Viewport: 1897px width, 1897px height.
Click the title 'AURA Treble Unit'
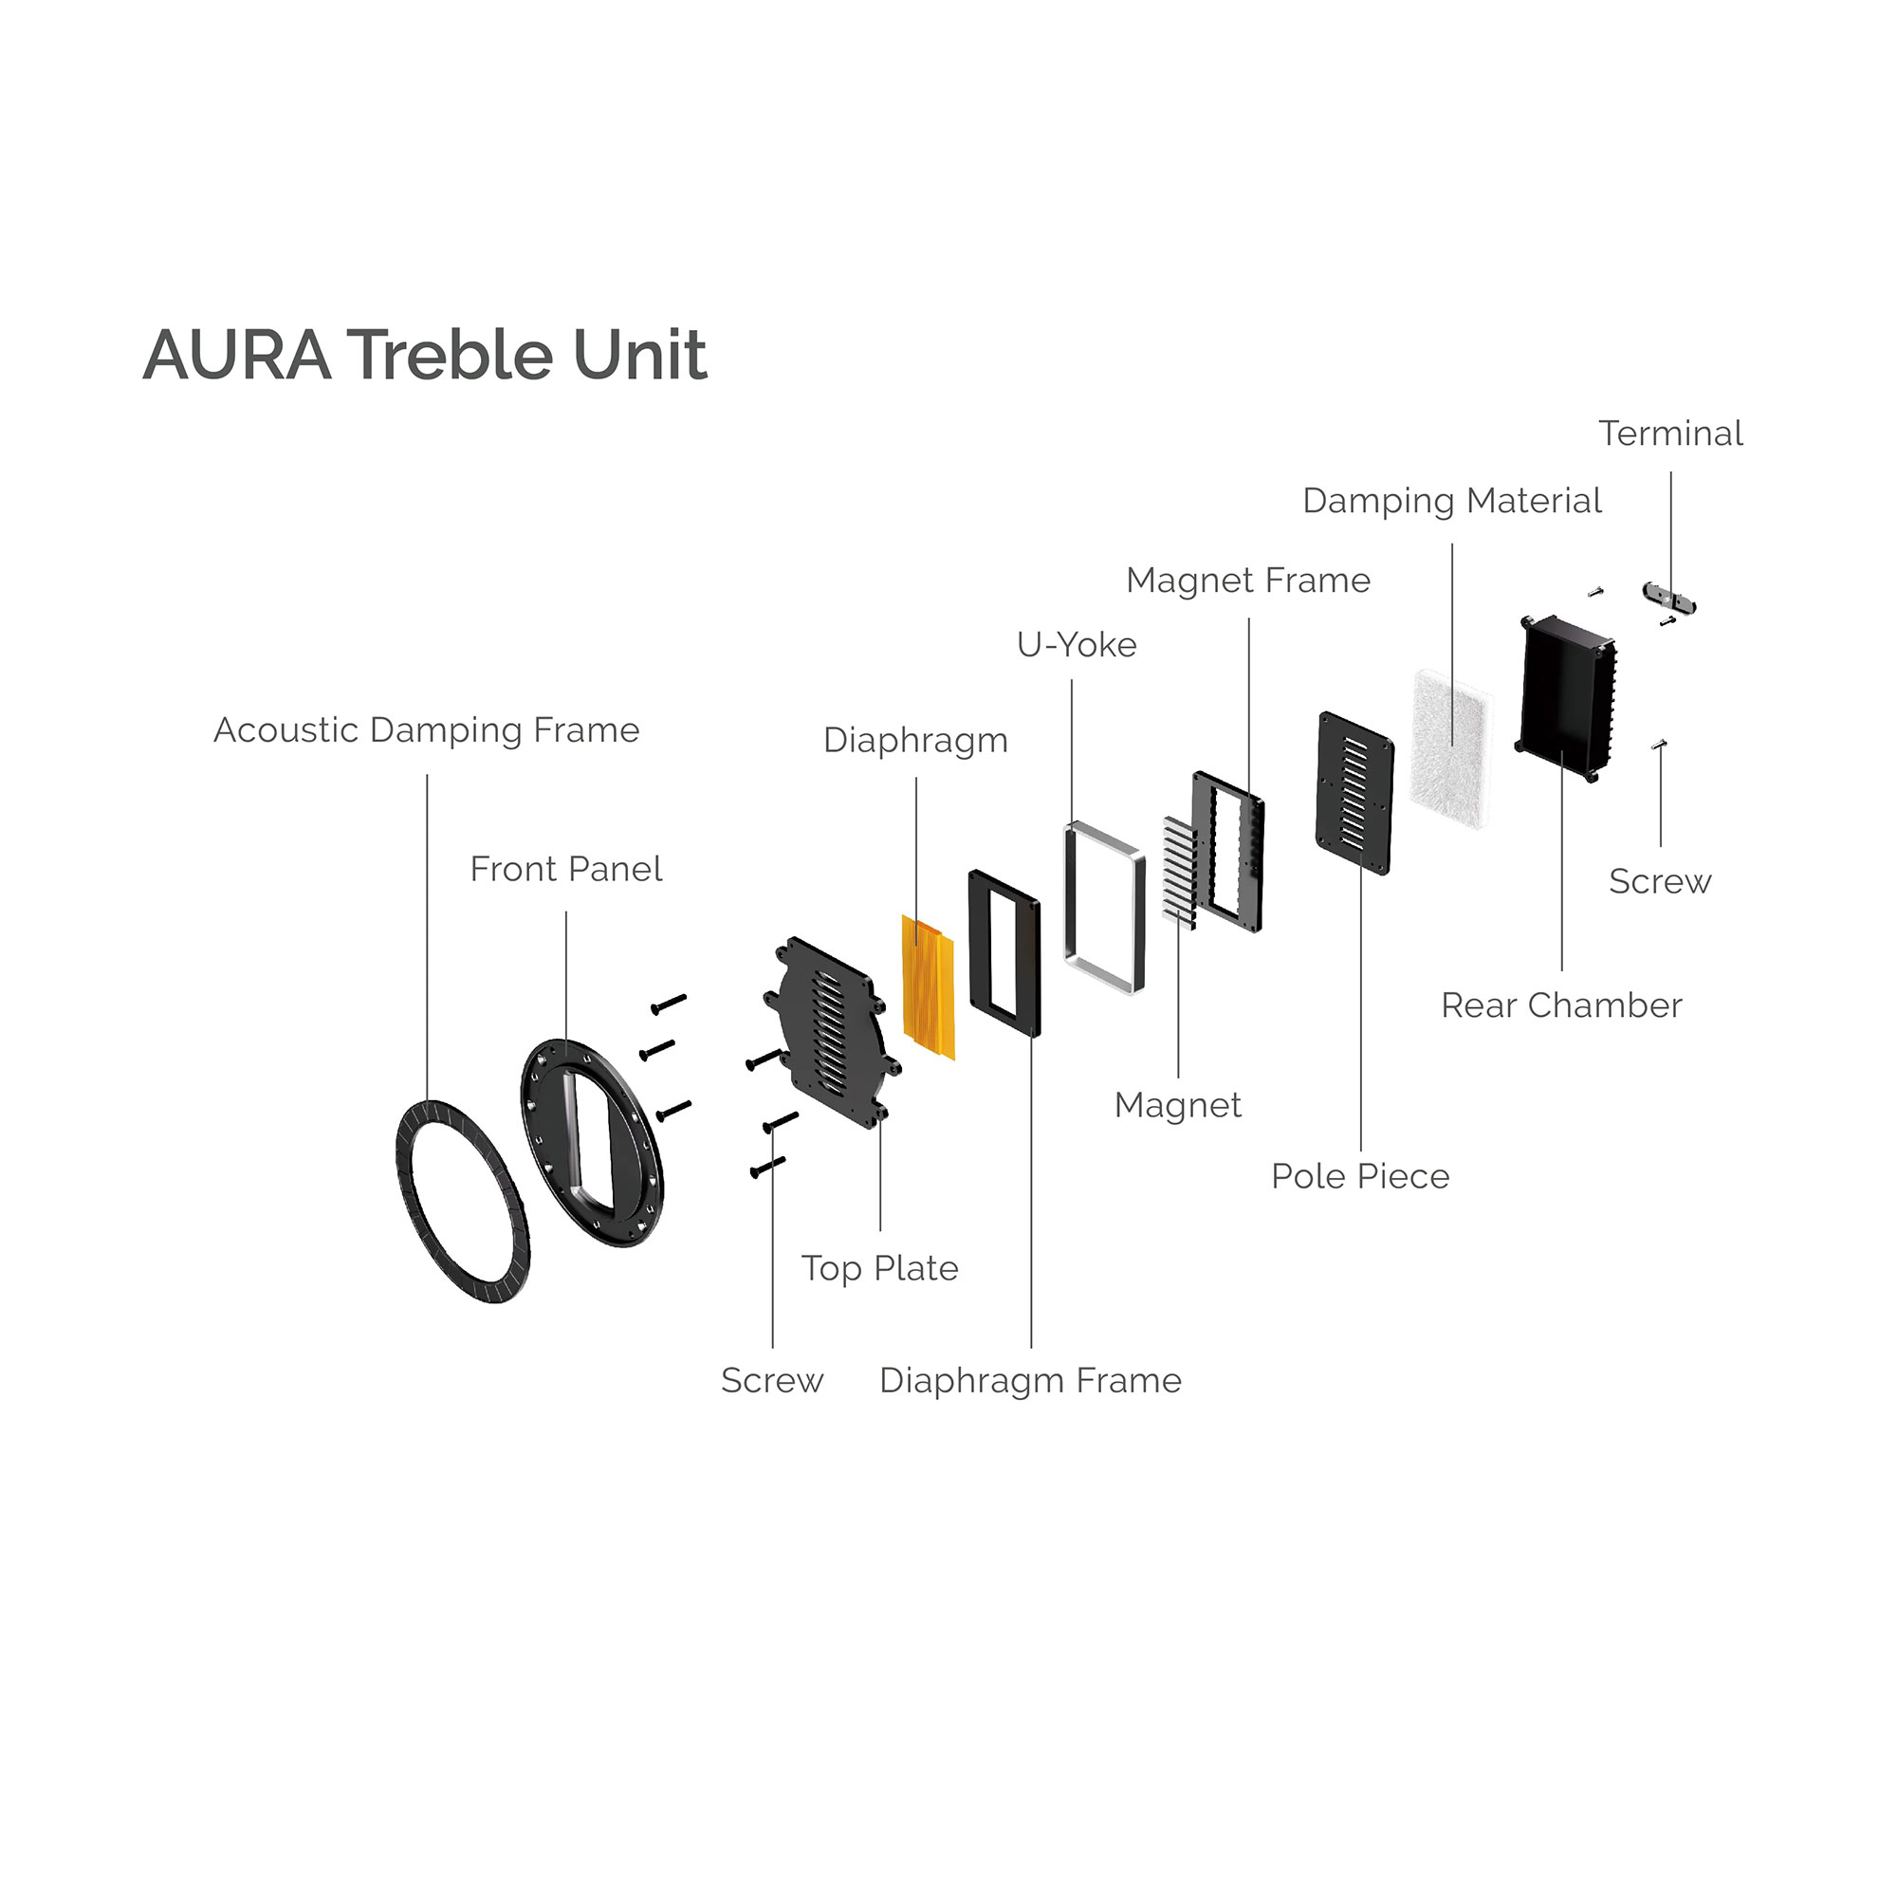click(x=424, y=355)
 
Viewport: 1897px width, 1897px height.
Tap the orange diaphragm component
click(x=928, y=986)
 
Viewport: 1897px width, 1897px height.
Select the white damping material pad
click(x=1451, y=748)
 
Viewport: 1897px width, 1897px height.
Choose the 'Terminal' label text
click(x=1670, y=433)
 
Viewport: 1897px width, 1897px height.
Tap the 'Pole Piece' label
click(x=1360, y=1175)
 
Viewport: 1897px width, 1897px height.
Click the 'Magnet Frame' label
click(x=1248, y=580)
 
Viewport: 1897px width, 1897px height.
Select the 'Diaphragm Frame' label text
click(x=1030, y=1379)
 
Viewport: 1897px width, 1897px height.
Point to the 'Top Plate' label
click(x=880, y=1267)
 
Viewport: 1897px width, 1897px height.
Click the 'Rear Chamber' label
click(x=1561, y=1004)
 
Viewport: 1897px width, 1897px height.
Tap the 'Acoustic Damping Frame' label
click(x=426, y=729)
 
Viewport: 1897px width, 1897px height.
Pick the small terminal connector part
click(x=1668, y=595)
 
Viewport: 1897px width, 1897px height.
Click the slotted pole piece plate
click(x=1355, y=792)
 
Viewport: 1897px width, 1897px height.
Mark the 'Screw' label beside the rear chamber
click(x=1659, y=881)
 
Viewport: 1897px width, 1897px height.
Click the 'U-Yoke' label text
click(x=1077, y=644)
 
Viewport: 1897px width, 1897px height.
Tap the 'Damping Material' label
click(x=1451, y=500)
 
